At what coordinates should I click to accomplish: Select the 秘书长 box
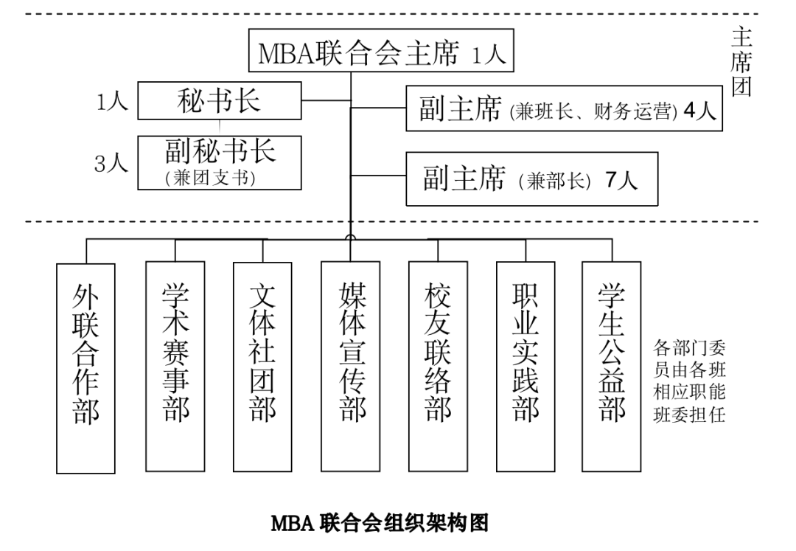tap(219, 100)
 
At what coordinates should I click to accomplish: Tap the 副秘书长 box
tap(220, 162)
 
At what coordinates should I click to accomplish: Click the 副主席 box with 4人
tap(564, 109)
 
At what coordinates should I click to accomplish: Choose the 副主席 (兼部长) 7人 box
tap(531, 179)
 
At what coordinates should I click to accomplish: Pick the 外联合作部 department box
tap(86, 367)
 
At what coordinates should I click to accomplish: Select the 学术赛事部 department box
tap(175, 366)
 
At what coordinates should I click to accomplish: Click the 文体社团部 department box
tap(262, 366)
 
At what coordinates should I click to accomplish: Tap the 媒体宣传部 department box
tap(351, 366)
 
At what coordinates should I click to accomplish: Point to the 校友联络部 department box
tap(438, 366)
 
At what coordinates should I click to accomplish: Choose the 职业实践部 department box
tap(525, 366)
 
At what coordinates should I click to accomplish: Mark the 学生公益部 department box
tap(611, 366)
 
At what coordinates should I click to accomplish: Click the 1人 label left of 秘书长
tap(112, 102)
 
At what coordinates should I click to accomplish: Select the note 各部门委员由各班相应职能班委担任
tap(689, 381)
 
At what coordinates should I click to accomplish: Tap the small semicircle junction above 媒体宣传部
tap(350, 237)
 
